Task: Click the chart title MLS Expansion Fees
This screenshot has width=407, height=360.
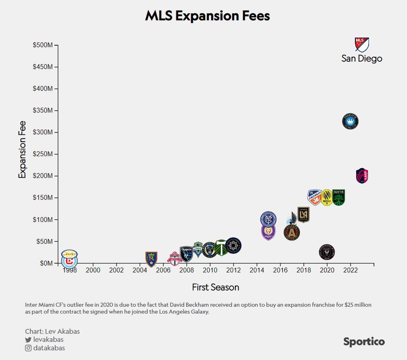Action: coord(207,16)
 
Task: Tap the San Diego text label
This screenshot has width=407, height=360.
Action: coord(361,59)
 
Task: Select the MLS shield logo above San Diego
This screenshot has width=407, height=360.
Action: coord(361,44)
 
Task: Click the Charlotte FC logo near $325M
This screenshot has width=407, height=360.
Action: coord(350,121)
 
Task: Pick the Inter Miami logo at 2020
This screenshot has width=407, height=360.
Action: coord(327,252)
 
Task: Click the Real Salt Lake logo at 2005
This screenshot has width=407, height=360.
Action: coord(151,259)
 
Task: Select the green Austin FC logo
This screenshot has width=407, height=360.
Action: coord(338,197)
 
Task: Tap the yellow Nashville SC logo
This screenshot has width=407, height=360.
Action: coord(327,197)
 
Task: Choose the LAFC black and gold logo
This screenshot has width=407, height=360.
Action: coord(303,214)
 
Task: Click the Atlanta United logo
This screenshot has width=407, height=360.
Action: coord(292,232)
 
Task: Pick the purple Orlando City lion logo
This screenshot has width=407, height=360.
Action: coord(268,232)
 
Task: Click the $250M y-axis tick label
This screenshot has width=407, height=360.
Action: coord(43,154)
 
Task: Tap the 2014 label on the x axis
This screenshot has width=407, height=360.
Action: coord(256,270)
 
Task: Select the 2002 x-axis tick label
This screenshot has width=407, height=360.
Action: coord(116,270)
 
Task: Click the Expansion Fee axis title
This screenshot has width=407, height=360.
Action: coord(22,150)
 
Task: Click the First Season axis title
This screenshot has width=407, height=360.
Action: coord(215,287)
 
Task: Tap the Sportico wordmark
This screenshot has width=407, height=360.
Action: coord(364,342)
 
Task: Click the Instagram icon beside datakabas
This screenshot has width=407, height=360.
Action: coord(28,348)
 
